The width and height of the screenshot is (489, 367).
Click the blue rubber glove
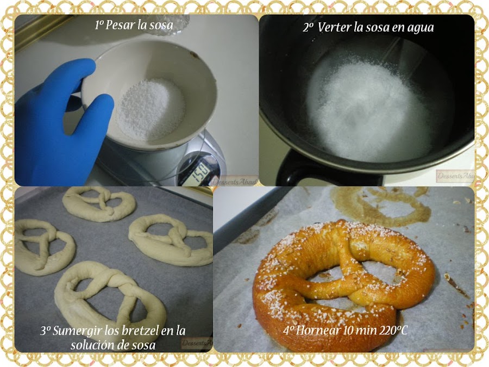(57, 128)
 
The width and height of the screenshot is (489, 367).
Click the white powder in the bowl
(144, 109)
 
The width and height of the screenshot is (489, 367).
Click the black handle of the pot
(304, 171)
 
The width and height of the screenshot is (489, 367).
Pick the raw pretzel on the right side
(171, 239)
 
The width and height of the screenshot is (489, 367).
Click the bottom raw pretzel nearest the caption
(109, 296)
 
